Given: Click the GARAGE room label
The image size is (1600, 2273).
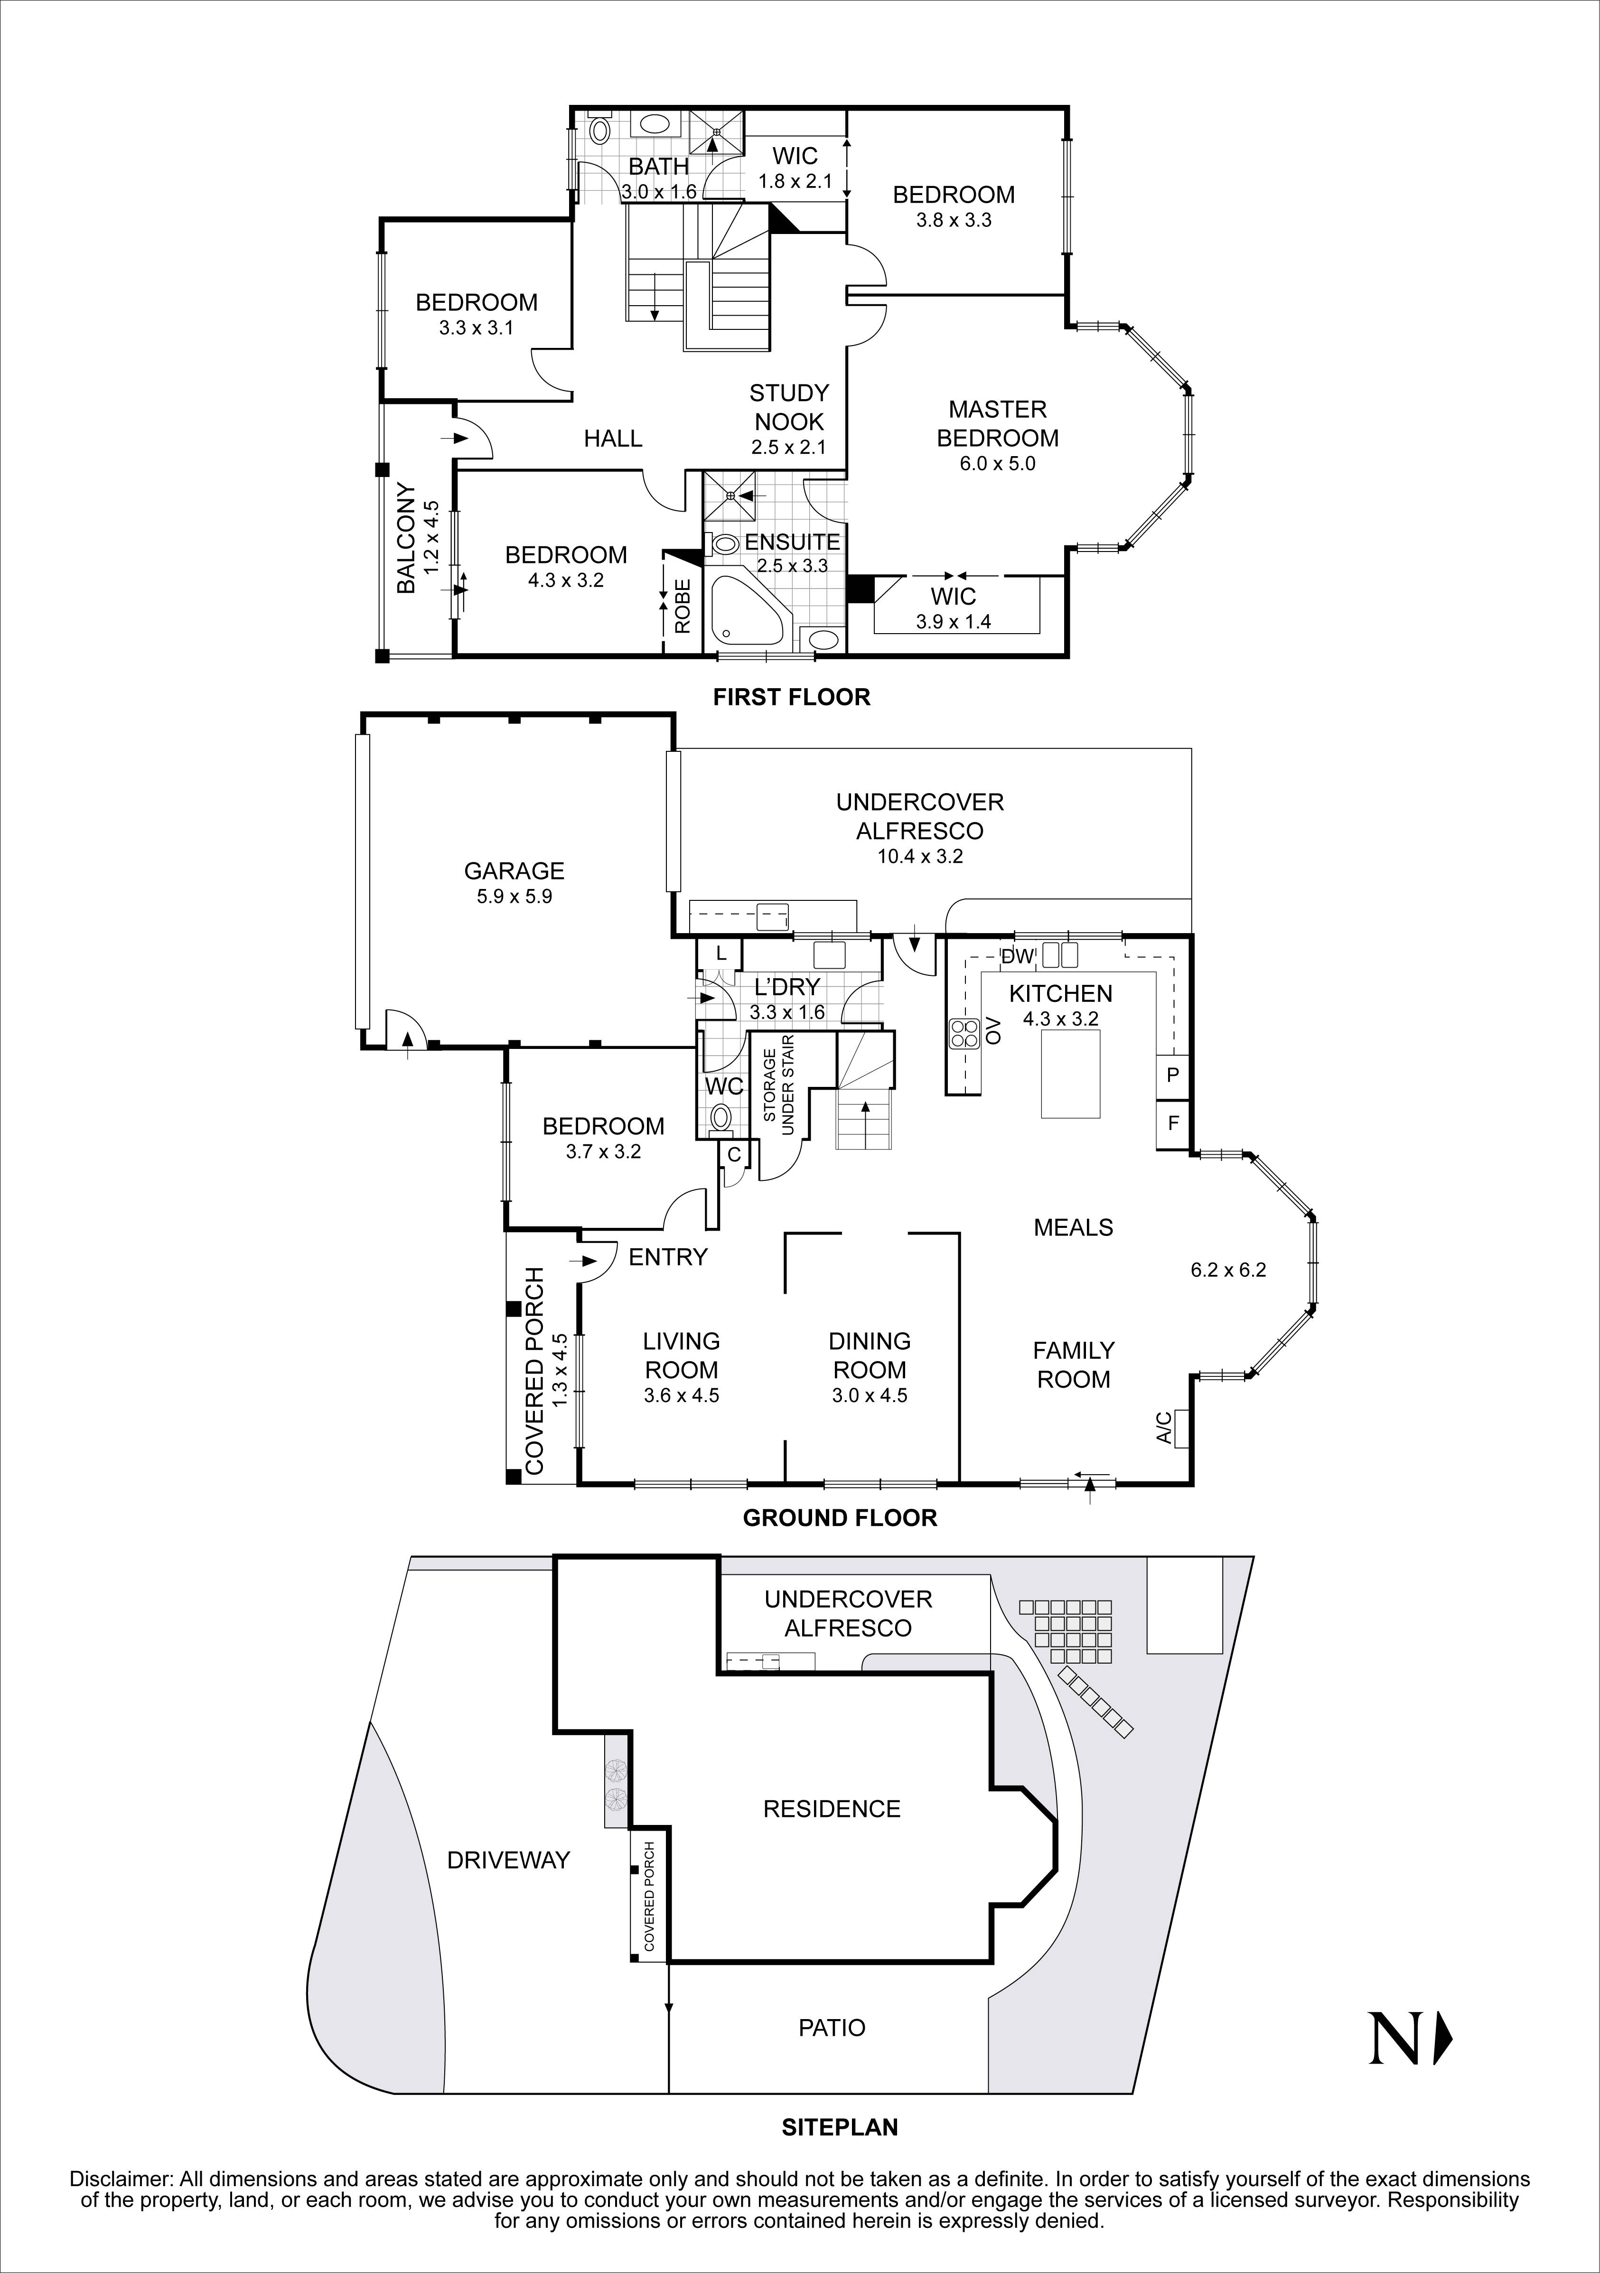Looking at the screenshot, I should click(x=514, y=871).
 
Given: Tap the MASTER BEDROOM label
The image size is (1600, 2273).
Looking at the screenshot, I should click(x=997, y=424).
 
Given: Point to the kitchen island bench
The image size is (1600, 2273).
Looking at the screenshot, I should click(x=1070, y=1073).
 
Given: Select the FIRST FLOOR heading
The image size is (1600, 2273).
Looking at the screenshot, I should click(x=791, y=697).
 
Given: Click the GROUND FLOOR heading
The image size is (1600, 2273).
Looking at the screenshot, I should click(x=840, y=1518).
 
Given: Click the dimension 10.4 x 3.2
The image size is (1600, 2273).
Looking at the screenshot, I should click(x=920, y=856).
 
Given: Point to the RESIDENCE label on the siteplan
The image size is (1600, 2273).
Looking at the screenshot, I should click(x=832, y=1809).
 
